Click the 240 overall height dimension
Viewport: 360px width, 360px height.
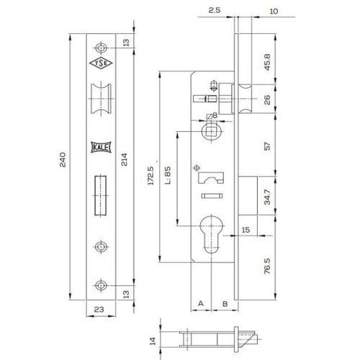tap(63, 159)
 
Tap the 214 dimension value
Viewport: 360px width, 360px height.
tap(124, 159)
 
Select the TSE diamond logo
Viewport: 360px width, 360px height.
tap(101, 63)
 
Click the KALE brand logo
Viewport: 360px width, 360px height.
tap(101, 148)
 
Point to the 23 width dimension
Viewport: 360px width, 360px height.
tap(99, 310)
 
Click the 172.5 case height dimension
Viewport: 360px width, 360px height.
tap(151, 176)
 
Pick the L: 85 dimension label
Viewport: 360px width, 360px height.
tap(168, 175)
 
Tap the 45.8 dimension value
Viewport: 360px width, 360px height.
tap(267, 62)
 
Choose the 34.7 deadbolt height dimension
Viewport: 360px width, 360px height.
tap(267, 197)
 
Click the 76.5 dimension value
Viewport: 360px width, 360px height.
tap(267, 266)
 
